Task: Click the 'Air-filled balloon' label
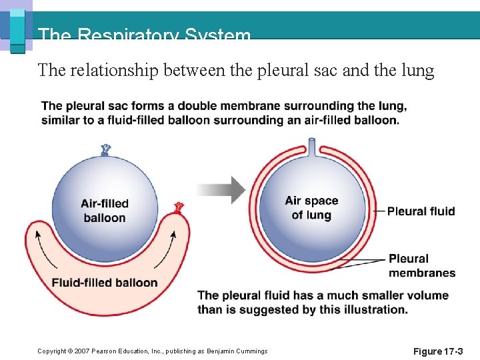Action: (105, 211)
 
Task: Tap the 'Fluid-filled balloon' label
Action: (105, 283)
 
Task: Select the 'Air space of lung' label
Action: (311, 208)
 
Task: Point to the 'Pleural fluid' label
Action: (421, 211)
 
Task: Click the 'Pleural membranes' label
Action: (422, 265)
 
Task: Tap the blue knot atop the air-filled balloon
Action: (105, 149)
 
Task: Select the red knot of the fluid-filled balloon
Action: (178, 207)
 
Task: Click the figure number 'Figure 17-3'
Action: (437, 351)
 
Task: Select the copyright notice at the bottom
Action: (152, 351)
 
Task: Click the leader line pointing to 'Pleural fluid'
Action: (377, 211)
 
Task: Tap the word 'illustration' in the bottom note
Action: (374, 309)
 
